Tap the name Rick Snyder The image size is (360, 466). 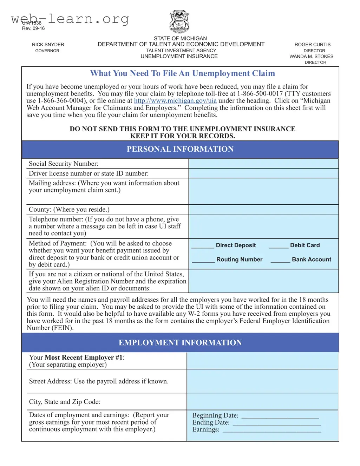48,45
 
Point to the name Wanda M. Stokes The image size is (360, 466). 311,57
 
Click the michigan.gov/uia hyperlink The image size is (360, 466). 175,101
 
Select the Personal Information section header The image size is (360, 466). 180,149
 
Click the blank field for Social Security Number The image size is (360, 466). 263,164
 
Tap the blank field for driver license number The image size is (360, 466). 263,173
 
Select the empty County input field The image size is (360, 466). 263,210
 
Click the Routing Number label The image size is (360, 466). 239,260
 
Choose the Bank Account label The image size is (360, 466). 312,260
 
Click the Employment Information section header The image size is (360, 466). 180,343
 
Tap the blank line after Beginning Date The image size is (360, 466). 280,417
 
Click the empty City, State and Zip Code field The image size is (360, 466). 262,402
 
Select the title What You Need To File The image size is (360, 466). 183,73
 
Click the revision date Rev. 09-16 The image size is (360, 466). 33,28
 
